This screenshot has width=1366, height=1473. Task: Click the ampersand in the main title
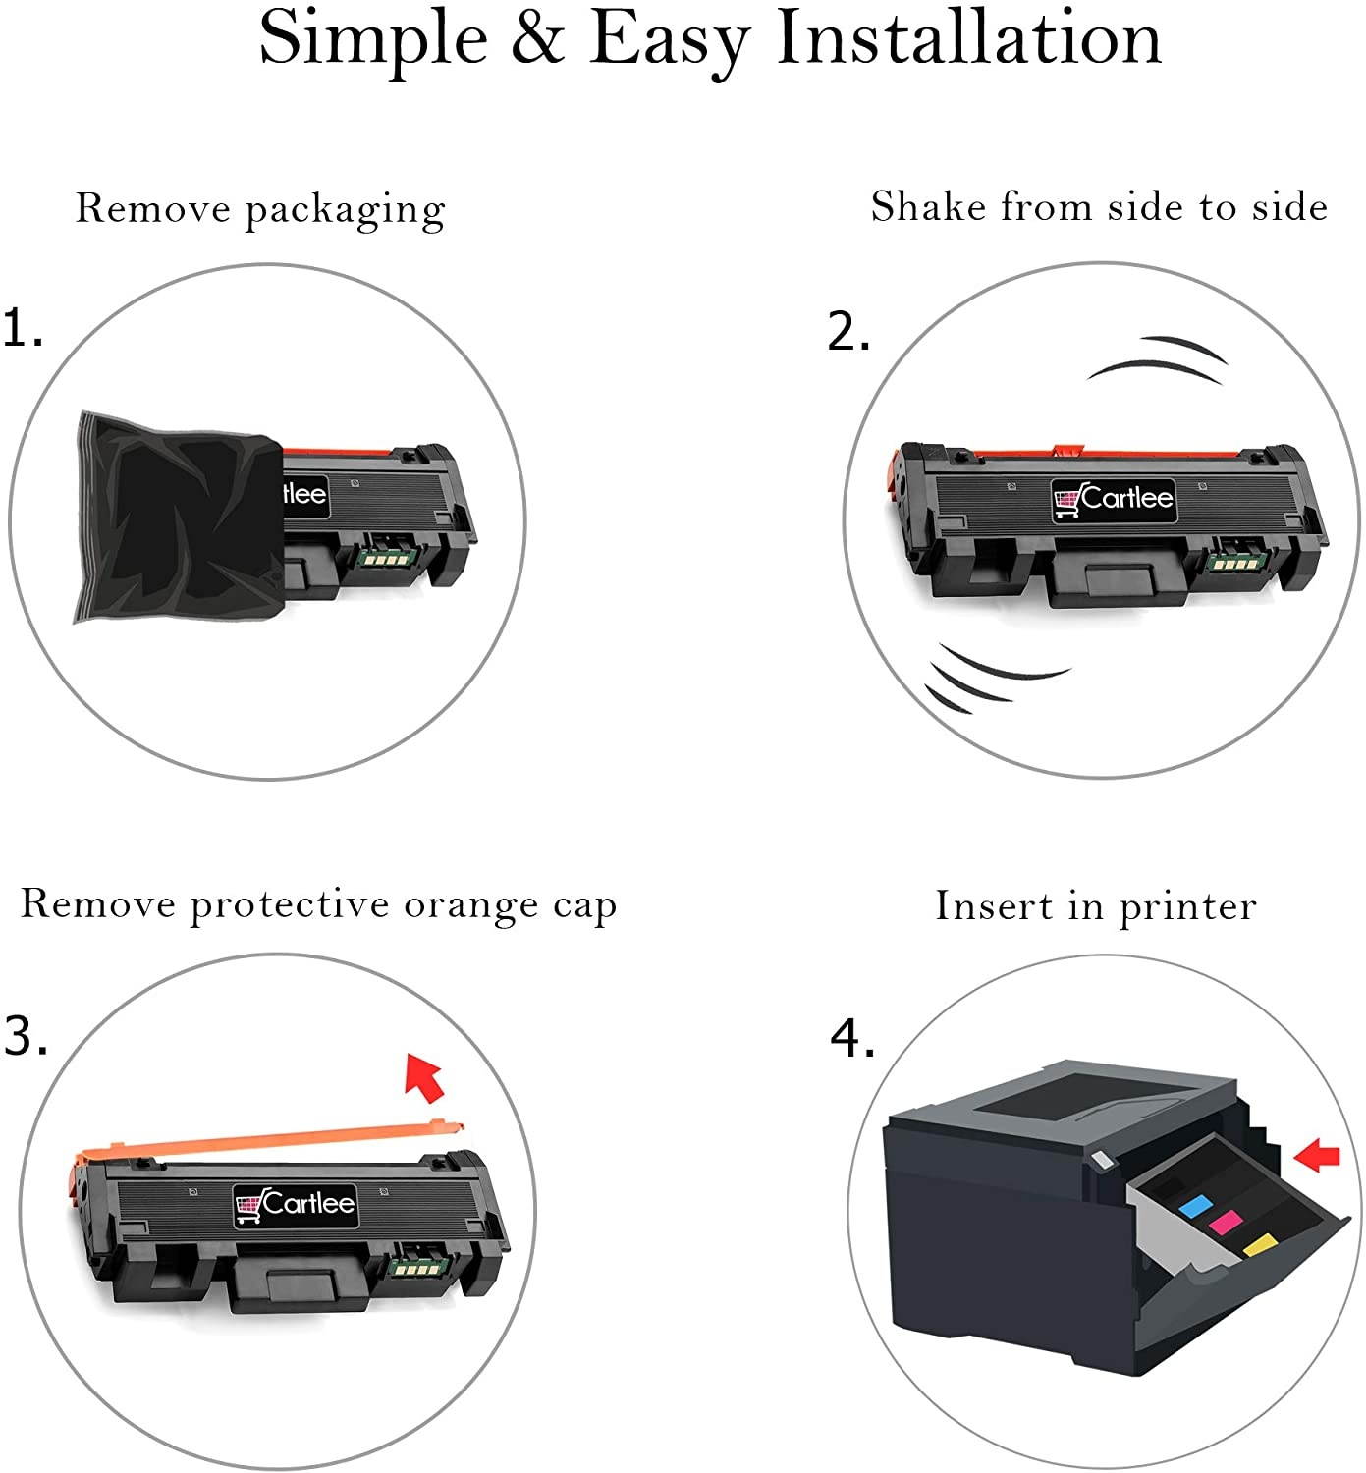[538, 37]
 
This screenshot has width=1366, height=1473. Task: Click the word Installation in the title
[968, 37]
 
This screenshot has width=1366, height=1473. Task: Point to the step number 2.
[848, 332]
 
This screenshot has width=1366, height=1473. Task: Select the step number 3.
[26, 1035]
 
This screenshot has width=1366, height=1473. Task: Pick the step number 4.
[852, 1038]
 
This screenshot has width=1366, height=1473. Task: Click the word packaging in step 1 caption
[346, 211]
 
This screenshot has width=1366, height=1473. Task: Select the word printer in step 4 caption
[1187, 907]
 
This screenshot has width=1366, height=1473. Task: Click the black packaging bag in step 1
[179, 518]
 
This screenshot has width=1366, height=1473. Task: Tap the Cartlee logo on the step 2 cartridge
[1113, 499]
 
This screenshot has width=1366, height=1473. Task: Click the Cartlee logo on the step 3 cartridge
[296, 1203]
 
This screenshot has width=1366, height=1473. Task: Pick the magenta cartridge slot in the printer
[1225, 1222]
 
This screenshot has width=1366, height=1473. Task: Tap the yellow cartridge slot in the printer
[1259, 1244]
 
